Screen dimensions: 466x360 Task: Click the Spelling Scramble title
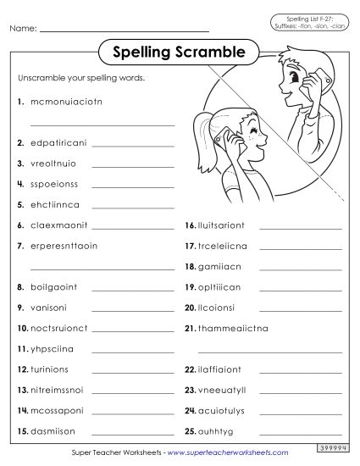179,53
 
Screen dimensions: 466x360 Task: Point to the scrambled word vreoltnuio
52,163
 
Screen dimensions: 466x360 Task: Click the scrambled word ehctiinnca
52,204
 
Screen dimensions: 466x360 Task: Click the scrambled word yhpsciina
51,348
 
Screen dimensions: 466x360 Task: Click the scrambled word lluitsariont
223,225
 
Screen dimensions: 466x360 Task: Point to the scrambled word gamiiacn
217,266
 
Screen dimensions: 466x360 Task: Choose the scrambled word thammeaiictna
228,328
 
